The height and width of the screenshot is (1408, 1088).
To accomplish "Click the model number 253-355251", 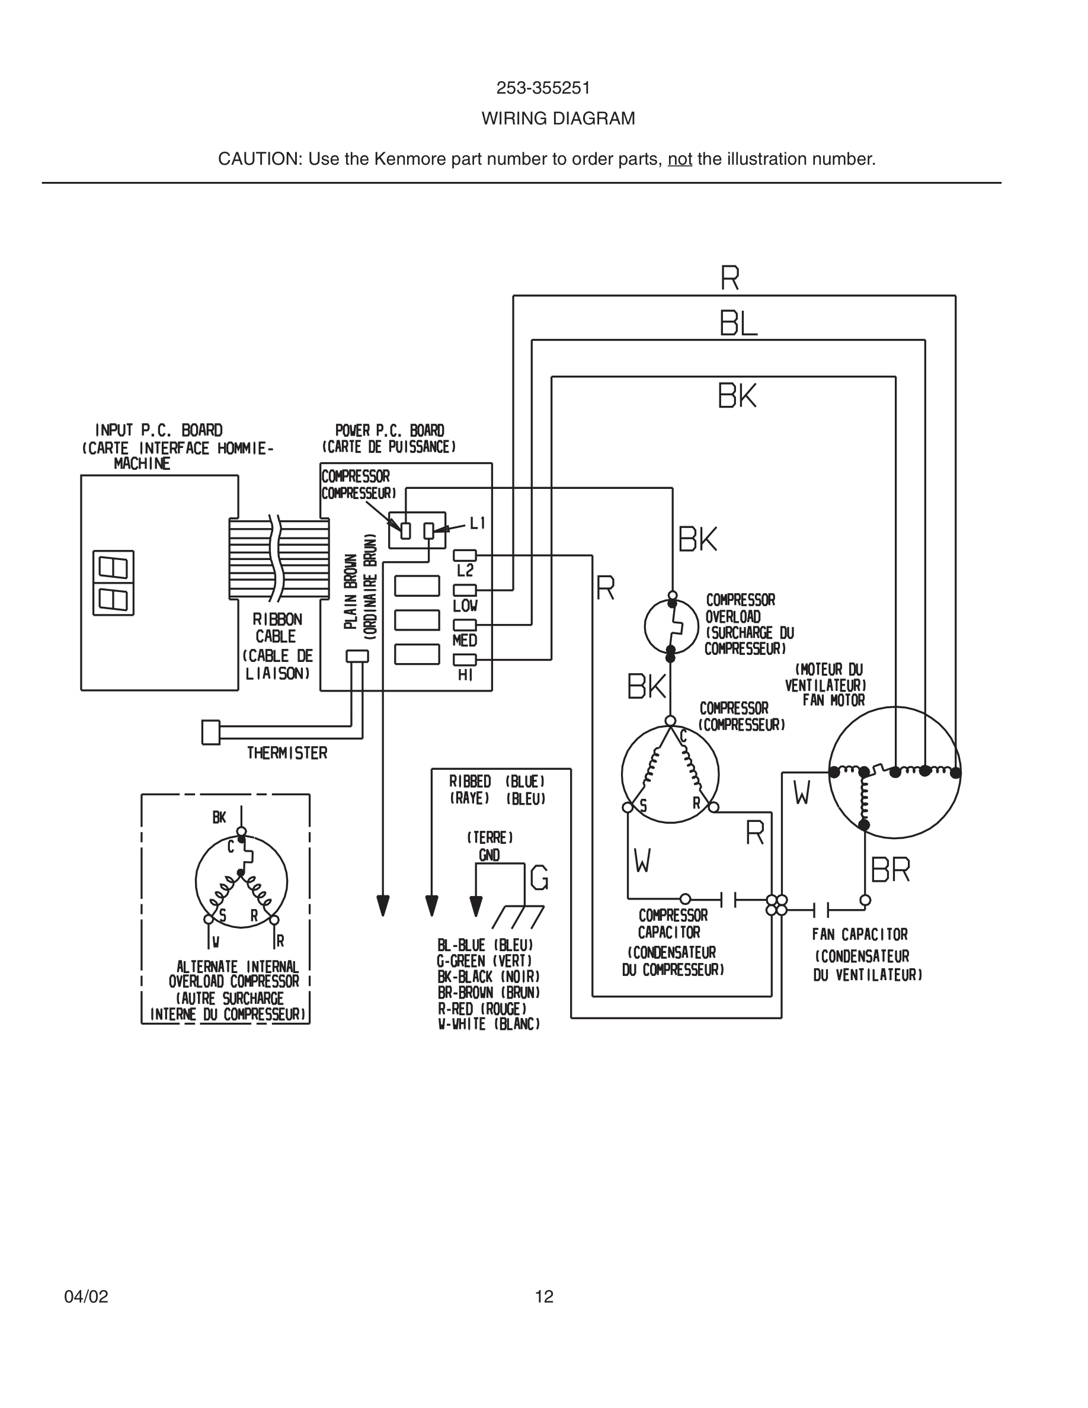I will pos(543,88).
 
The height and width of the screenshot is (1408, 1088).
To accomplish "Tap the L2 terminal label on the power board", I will pos(465,571).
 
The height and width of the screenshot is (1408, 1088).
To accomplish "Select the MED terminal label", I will pos(465,641).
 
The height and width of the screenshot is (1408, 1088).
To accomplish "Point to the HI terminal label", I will pos(465,675).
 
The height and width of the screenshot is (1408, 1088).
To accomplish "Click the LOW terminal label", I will pos(465,606).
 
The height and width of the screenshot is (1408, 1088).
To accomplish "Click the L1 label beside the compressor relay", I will pos(478,523).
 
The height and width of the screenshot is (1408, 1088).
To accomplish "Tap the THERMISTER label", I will pos(287,753).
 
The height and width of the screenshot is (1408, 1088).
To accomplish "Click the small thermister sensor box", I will pos(211,732).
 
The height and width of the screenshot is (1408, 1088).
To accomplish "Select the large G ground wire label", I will pos(539,879).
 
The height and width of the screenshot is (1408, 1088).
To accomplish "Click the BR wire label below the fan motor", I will pos(890,871).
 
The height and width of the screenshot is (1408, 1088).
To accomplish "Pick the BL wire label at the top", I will pos(738,324).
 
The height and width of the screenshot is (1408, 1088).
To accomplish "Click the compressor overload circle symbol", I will pos(671,626).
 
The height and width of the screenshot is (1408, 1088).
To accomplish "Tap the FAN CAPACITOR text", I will pos(859,935).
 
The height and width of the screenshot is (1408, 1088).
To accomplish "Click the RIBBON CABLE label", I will pos(277,628).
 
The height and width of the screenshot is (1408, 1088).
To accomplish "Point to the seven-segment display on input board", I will pos(113,583).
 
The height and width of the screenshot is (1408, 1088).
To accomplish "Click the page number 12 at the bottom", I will pos(544,1297).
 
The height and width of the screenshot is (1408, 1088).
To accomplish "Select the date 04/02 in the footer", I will pos(87,1297).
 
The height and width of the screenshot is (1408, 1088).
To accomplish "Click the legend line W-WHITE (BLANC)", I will pos(488,1025).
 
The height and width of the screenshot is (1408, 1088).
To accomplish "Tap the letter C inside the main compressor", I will pos(683,736).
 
